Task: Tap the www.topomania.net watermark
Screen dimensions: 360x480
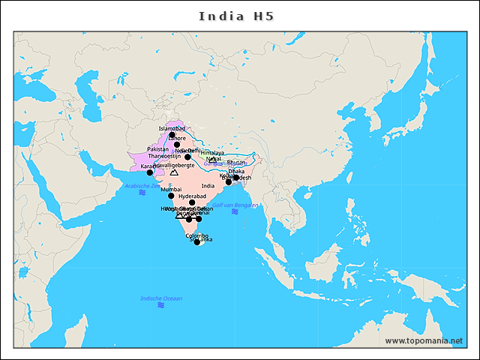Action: click(x=423, y=340)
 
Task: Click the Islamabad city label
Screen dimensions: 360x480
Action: click(x=172, y=128)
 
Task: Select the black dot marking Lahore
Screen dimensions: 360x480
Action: click(x=178, y=145)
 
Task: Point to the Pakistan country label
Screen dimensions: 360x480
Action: click(x=158, y=149)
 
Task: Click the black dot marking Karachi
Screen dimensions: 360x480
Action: click(x=150, y=172)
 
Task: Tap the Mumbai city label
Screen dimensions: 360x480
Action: click(x=171, y=190)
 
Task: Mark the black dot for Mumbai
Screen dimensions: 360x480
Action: click(x=171, y=196)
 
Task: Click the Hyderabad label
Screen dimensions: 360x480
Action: click(x=192, y=196)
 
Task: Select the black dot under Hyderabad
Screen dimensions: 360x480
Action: click(x=192, y=202)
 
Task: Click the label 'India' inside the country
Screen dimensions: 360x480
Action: click(x=208, y=185)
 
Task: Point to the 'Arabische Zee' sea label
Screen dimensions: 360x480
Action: click(x=142, y=185)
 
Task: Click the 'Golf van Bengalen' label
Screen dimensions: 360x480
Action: click(x=235, y=205)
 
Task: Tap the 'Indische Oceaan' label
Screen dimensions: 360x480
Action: click(x=161, y=298)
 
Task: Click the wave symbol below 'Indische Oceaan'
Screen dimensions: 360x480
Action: click(x=161, y=306)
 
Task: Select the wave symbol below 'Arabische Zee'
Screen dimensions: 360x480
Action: click(x=142, y=193)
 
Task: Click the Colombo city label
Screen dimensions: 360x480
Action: click(x=196, y=235)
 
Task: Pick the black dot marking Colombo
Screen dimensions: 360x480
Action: click(x=197, y=241)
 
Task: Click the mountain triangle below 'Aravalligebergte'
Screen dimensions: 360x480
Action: click(x=174, y=172)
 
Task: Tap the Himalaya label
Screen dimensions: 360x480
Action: click(x=212, y=152)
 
